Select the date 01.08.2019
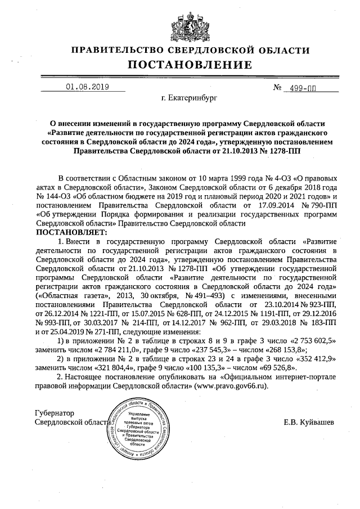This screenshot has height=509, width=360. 87,87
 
